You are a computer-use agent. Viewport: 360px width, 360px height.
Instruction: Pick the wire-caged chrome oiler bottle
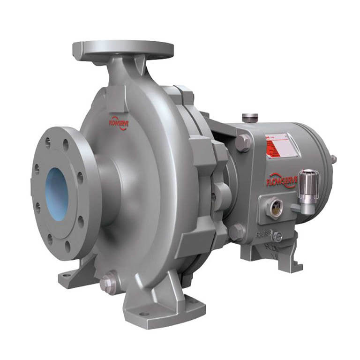310,187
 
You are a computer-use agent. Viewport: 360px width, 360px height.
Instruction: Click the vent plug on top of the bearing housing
247,118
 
